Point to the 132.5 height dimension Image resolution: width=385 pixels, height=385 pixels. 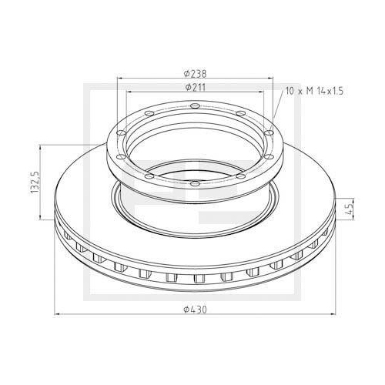(35, 184)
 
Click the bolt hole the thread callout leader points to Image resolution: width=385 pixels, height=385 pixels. (270, 132)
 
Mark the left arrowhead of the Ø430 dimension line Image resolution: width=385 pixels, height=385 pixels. (57, 315)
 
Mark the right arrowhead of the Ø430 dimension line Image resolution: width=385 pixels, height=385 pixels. (335, 315)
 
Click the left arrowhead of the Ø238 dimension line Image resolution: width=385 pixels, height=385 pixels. (119, 79)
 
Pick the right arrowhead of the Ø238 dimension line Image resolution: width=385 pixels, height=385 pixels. (273, 79)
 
